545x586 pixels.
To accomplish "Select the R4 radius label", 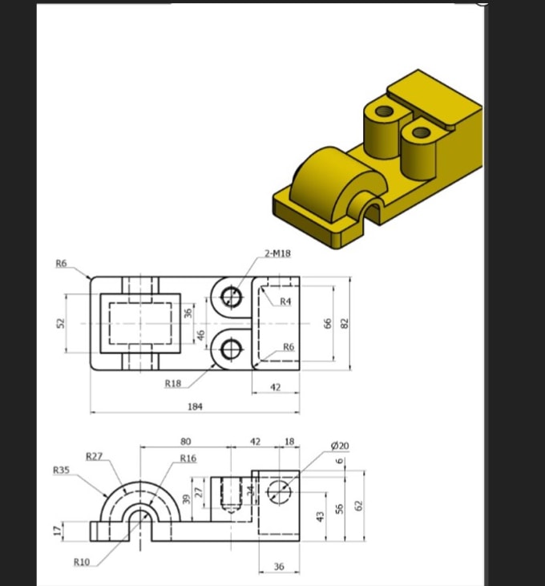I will (286, 301).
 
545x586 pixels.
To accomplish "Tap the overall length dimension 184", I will (195, 406).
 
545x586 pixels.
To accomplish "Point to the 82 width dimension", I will (345, 322).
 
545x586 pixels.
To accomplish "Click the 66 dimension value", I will (327, 322).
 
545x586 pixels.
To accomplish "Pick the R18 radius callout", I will (173, 384).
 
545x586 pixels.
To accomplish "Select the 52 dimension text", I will (59, 322).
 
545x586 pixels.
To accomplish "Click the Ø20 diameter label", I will (340, 445).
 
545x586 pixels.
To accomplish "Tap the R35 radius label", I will (61, 470).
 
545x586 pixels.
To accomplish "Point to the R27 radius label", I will (95, 455).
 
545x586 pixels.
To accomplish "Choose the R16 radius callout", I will (188, 459).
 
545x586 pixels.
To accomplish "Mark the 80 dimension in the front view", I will (186, 441).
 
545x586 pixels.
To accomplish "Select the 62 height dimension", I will (359, 506).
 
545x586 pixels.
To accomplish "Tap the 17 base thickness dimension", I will (56, 531).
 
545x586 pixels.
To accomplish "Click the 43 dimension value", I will (320, 518).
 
